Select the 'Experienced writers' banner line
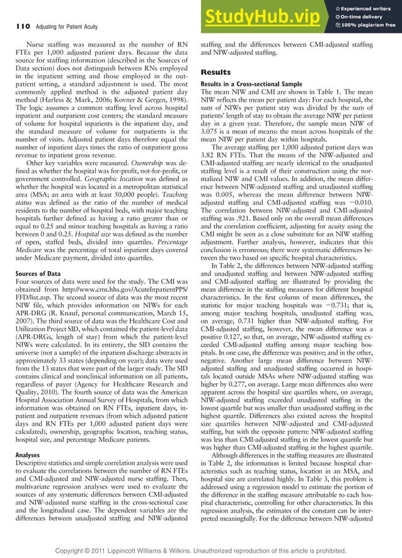[x=365, y=6]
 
